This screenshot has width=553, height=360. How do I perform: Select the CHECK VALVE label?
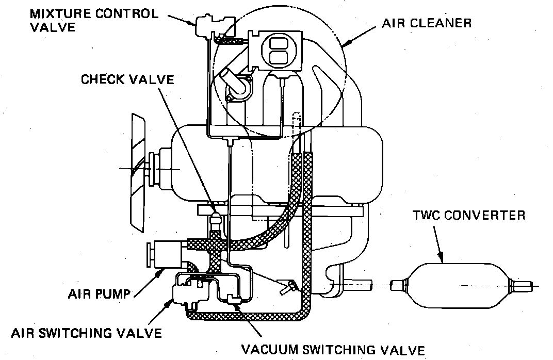coord(127,80)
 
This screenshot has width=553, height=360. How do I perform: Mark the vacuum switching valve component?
coord(230,298)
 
